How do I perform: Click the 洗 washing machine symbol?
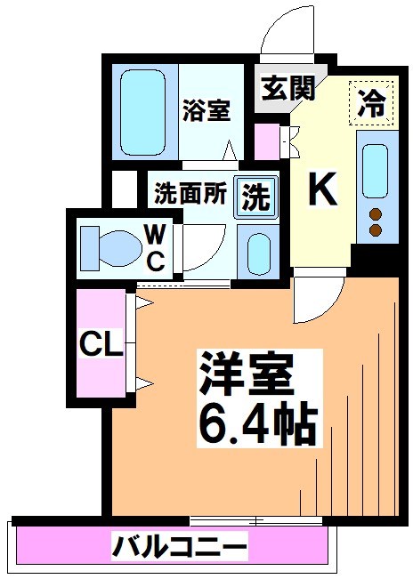click(x=256, y=197)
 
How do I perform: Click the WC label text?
click(x=154, y=247)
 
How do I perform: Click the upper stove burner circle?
click(x=375, y=213)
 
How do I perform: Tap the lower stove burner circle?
click(x=375, y=230)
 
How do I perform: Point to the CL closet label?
click(x=101, y=344)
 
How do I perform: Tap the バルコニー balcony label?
click(x=178, y=545)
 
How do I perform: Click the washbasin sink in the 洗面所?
click(x=259, y=253)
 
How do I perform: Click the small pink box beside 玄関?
click(x=266, y=140)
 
